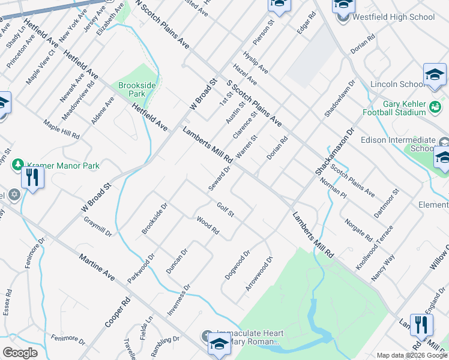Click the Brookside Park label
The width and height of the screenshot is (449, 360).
(x=137, y=90)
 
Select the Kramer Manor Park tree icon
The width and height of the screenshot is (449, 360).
(x=18, y=165)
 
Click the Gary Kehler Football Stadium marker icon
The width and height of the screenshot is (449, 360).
(x=436, y=107)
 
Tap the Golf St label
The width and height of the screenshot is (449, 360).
(x=225, y=211)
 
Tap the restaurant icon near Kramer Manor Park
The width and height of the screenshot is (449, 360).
(x=32, y=178)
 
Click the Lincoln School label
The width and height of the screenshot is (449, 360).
(x=397, y=84)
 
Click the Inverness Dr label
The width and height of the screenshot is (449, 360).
(x=178, y=299)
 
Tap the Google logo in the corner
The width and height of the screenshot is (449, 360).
(x=20, y=353)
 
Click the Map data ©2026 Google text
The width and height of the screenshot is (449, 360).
(x=412, y=355)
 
